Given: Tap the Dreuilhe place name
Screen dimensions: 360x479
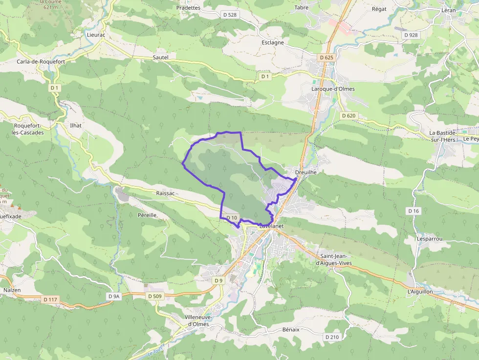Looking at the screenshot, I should point(306,172).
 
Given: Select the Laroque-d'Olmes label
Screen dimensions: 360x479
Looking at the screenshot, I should point(333,89).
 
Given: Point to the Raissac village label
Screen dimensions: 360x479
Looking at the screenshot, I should point(165,193).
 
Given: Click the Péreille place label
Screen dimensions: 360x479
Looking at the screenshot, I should point(147,215).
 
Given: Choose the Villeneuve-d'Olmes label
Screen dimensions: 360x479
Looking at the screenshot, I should point(197,320).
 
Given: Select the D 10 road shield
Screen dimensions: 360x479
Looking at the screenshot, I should point(232,218).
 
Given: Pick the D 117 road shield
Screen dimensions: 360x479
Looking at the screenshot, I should point(50,299).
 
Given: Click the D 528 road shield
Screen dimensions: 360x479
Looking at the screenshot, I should point(229,15).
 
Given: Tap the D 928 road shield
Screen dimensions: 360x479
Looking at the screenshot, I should point(411,35).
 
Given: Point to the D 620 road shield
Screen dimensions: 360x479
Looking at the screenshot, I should point(348,116).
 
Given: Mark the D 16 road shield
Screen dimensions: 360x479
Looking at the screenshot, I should point(414,211).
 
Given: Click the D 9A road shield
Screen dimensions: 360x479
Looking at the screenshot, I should point(113,296).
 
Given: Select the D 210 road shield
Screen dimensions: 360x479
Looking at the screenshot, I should point(332,337).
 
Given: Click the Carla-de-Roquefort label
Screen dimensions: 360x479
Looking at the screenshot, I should point(41,62).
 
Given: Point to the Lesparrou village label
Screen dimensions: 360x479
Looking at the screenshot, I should point(430,239).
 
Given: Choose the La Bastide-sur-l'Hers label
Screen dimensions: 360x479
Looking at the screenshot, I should point(443,136).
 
